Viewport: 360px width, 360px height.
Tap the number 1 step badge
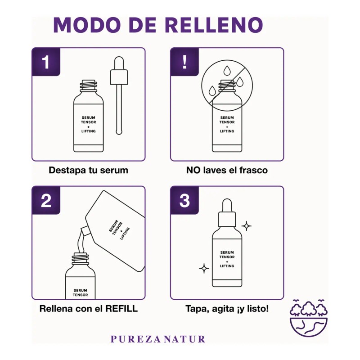click(46, 62)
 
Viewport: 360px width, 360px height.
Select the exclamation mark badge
click(184, 62)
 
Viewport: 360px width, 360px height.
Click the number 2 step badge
click(46, 201)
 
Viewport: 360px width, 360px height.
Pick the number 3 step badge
click(184, 201)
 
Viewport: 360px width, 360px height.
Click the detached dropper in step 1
click(118, 94)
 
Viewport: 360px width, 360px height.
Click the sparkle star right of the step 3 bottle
click(246, 226)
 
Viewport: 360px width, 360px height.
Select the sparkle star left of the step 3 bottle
click(204, 269)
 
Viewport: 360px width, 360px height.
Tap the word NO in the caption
click(193, 171)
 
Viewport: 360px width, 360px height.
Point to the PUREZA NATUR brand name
click(157, 339)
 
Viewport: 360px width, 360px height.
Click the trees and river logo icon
click(309, 318)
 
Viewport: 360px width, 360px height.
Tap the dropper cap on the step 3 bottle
click(227, 211)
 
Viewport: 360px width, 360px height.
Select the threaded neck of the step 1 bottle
click(88, 84)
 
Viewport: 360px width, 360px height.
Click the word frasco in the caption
click(253, 171)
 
